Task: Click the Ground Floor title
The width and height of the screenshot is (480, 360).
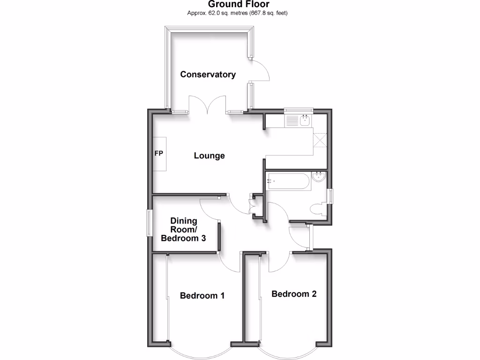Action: [239, 4]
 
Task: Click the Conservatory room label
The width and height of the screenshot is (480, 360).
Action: [208, 74]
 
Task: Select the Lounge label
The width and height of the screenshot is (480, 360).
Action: [209, 156]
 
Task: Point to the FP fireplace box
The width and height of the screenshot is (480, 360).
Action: [159, 154]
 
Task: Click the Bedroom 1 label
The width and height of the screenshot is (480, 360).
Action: [202, 296]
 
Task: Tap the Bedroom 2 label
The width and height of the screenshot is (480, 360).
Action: [294, 294]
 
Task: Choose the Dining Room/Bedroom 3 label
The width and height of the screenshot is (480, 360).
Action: [184, 230]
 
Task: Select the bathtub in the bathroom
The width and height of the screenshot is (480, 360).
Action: [287, 181]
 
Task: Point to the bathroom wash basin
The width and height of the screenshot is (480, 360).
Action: [319, 177]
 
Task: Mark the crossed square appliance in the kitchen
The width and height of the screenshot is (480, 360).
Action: [320, 140]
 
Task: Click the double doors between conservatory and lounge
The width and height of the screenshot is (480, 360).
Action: [208, 105]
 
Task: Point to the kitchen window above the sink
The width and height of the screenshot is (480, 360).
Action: [299, 110]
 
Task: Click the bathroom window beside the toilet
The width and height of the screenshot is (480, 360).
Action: [330, 196]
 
